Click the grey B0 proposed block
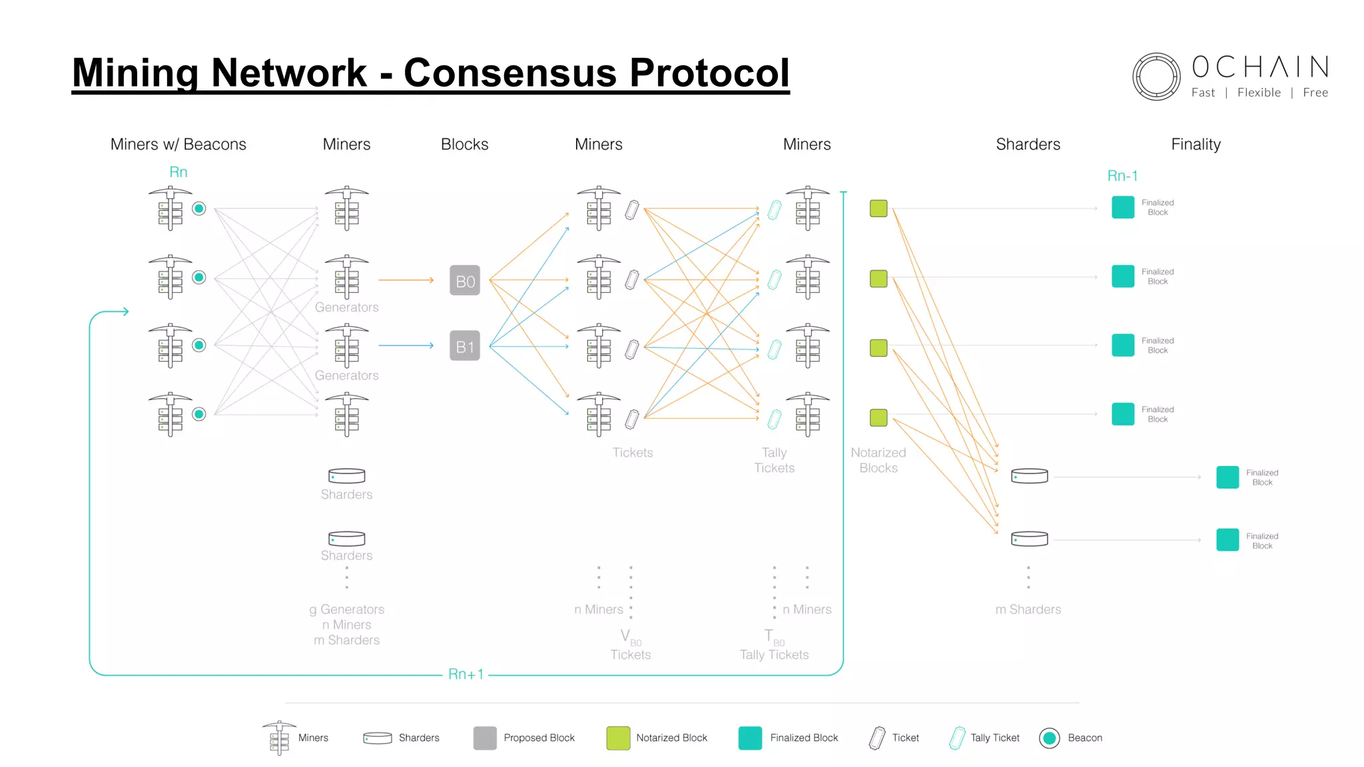(465, 280)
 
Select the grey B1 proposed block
(465, 346)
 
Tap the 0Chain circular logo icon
(1156, 77)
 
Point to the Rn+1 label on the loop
(466, 674)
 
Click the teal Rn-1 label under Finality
(1122, 176)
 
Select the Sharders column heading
(1028, 144)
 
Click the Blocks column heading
(464, 144)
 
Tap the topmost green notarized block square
(878, 208)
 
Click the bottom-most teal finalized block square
(1227, 540)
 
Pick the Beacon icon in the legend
(1050, 738)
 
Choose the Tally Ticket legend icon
(957, 738)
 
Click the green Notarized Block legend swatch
(618, 738)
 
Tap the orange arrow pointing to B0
(406, 280)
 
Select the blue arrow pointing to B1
(406, 346)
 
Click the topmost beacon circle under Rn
(198, 208)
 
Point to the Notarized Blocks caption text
(878, 460)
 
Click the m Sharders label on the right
(1028, 609)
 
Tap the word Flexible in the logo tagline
(1259, 93)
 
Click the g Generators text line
(346, 609)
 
